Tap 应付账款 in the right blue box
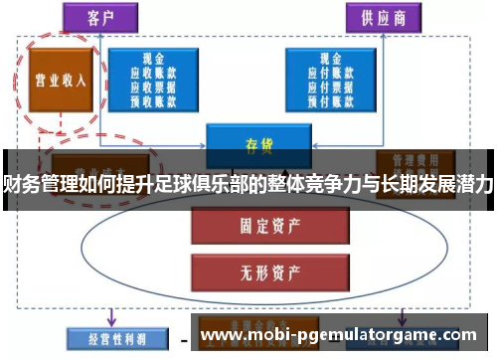[321, 73]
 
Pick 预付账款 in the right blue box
[321, 98]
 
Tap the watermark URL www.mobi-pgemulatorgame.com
[337, 335]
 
